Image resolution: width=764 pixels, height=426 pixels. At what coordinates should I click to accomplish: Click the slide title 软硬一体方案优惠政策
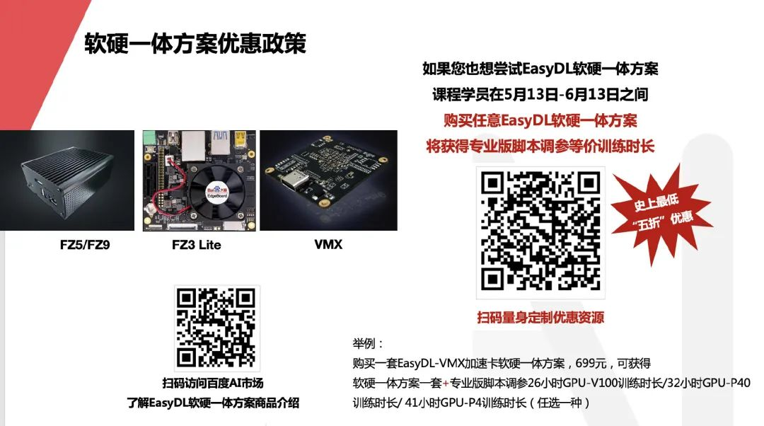[195, 43]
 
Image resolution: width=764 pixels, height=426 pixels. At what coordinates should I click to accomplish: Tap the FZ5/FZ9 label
[86, 245]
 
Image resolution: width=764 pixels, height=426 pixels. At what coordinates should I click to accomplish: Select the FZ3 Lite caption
[197, 245]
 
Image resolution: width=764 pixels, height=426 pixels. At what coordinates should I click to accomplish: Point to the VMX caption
[328, 245]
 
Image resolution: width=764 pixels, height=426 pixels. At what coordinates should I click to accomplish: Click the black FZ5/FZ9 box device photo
[66, 180]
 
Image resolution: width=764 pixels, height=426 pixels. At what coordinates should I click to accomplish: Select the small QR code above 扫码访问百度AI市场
[217, 328]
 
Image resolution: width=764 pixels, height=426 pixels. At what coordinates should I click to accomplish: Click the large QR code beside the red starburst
[540, 232]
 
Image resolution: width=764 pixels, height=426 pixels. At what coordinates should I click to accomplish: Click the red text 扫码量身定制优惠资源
[540, 318]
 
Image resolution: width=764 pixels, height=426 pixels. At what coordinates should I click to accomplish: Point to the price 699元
[591, 363]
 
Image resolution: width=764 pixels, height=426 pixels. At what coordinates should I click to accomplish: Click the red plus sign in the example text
[446, 384]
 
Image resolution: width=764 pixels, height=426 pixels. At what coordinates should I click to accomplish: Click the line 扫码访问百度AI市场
[213, 384]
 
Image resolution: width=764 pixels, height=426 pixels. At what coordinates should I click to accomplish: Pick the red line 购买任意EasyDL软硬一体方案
[540, 120]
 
